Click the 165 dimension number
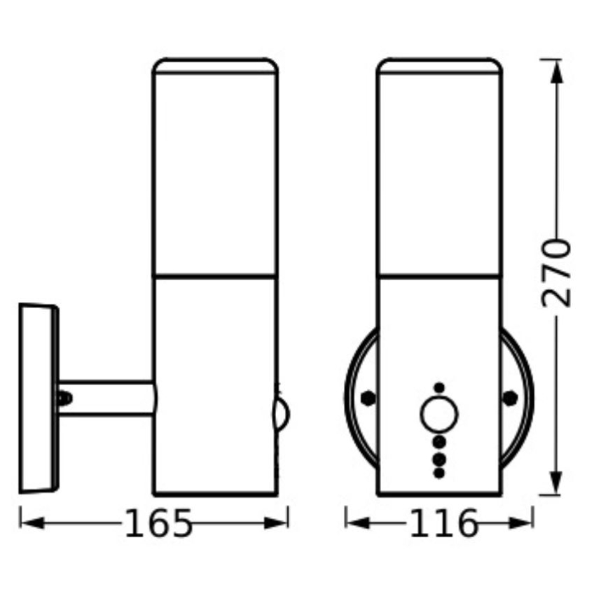click(x=158, y=523)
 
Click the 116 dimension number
click(x=443, y=523)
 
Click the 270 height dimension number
click(x=557, y=273)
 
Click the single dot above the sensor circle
click(x=439, y=387)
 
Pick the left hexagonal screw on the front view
click(x=367, y=397)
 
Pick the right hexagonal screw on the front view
click(x=511, y=397)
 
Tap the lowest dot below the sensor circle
click(x=439, y=473)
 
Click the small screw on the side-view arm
click(x=64, y=399)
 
